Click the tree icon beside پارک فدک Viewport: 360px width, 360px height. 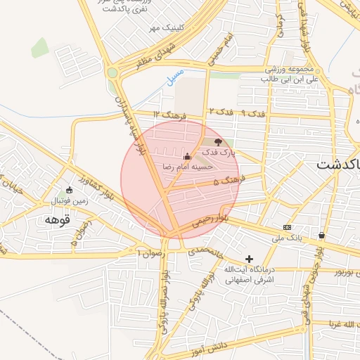217,142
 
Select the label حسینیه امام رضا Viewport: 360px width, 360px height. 188,167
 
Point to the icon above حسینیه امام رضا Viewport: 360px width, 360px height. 187,157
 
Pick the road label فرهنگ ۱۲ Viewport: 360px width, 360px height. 171,114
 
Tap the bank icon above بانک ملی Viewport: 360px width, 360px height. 287,227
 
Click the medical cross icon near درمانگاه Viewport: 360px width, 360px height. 249,259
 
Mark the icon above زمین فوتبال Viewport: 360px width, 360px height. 69,190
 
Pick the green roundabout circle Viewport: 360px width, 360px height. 112,72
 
